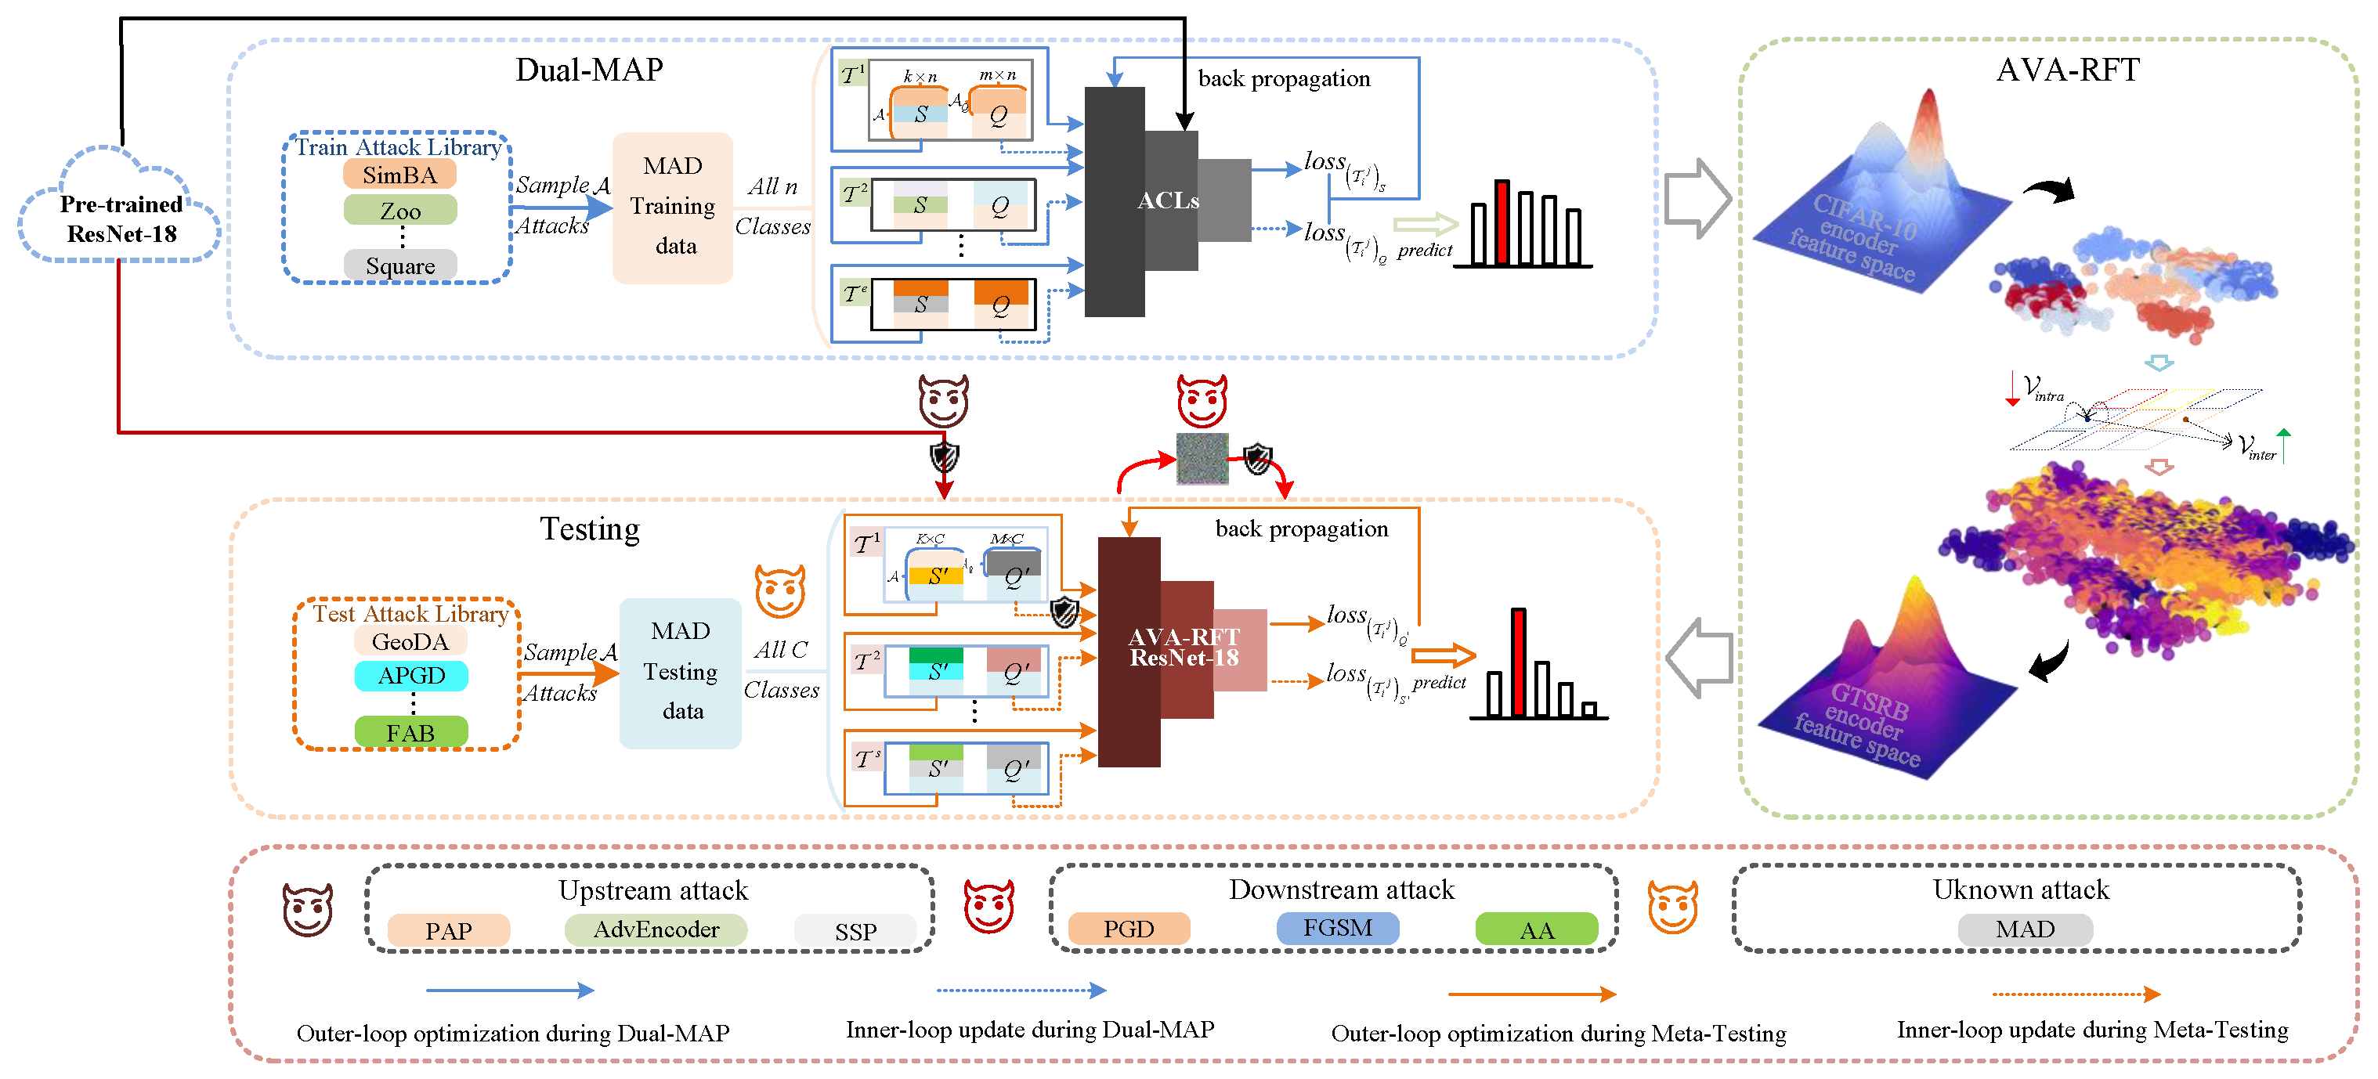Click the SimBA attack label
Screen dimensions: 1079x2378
point(399,175)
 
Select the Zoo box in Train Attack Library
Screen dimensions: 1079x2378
point(399,211)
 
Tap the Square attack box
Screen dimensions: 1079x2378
point(399,265)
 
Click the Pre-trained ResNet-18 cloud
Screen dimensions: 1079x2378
point(121,218)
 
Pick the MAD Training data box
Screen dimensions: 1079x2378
point(672,207)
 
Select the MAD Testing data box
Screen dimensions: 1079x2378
point(681,672)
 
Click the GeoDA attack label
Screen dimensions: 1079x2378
point(410,641)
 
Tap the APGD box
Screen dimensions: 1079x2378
point(410,676)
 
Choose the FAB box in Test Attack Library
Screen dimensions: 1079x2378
point(410,733)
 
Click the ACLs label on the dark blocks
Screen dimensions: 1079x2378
point(1168,200)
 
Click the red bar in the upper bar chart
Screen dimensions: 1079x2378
point(1502,222)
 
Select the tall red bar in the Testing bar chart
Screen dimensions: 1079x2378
point(1519,662)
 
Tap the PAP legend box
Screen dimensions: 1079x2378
point(449,930)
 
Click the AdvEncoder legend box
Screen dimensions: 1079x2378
point(656,929)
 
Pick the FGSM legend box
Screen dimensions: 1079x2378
point(1337,928)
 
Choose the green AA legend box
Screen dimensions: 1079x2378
point(1536,929)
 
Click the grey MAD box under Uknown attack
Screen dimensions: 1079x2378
point(2025,929)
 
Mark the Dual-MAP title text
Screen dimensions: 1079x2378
point(589,70)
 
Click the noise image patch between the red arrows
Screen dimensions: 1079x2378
point(1202,459)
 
